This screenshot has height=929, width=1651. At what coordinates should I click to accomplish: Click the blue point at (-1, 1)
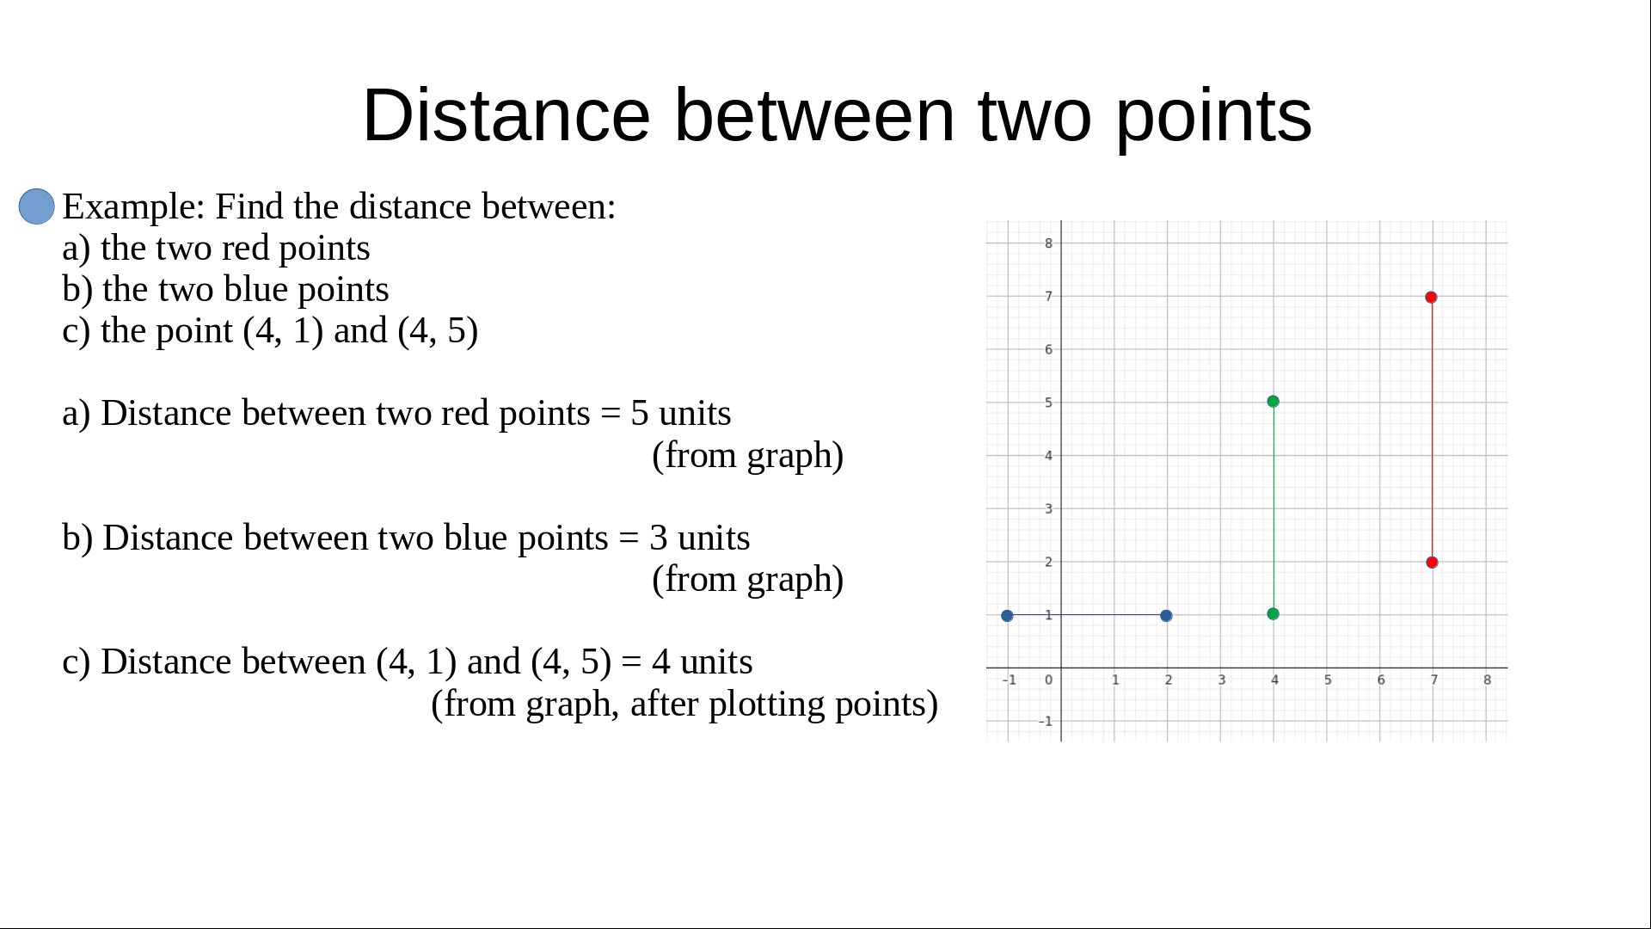pyautogui.click(x=1007, y=616)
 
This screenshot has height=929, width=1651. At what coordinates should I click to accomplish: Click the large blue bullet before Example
pyautogui.click(x=37, y=206)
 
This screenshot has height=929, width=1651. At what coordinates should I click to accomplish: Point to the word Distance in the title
pyautogui.click(x=506, y=115)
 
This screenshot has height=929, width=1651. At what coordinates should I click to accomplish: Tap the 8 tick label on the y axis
pyautogui.click(x=1048, y=243)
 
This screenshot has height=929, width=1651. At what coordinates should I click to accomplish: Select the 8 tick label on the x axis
pyautogui.click(x=1487, y=680)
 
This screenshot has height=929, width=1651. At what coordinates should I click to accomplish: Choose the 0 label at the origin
pyautogui.click(x=1048, y=680)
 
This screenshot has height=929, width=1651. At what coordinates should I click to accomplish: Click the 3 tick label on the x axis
pyautogui.click(x=1221, y=680)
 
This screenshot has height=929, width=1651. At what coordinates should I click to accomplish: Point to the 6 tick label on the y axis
pyautogui.click(x=1048, y=349)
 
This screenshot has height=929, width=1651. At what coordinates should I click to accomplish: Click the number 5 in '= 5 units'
pyautogui.click(x=639, y=414)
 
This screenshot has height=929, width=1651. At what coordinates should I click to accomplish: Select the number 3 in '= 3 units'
pyautogui.click(x=659, y=538)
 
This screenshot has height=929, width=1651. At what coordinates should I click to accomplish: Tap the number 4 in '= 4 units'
pyautogui.click(x=660, y=662)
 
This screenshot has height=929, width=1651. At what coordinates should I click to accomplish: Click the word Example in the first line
pyautogui.click(x=133, y=207)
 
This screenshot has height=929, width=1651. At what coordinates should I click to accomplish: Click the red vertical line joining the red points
pyautogui.click(x=1432, y=430)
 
